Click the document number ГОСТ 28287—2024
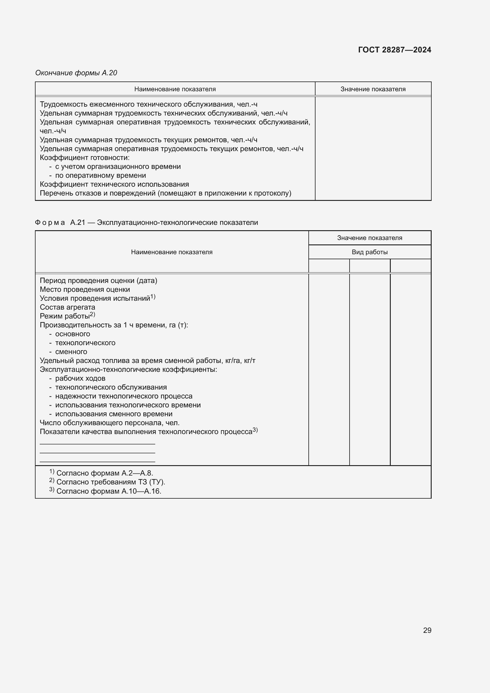(x=394, y=50)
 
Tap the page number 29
(x=427, y=630)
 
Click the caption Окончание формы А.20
(x=76, y=73)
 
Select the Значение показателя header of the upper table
(x=373, y=89)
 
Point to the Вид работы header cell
(x=369, y=252)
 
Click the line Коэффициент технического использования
(x=114, y=184)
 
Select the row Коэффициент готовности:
(x=84, y=158)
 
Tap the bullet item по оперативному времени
(x=100, y=175)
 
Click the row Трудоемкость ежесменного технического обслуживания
(x=148, y=104)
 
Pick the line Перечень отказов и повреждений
(x=165, y=193)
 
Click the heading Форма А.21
(x=146, y=223)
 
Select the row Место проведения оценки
(x=85, y=289)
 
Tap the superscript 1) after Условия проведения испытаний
(x=153, y=297)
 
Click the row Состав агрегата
(x=67, y=307)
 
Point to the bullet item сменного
(x=71, y=352)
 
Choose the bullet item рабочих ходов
(x=80, y=378)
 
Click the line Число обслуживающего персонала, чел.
(x=110, y=423)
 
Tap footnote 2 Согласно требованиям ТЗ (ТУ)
(x=111, y=482)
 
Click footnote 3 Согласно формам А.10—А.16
(x=109, y=491)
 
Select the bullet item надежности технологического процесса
(x=124, y=396)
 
